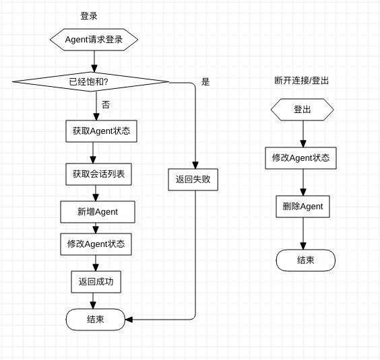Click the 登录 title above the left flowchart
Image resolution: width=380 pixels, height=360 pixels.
click(89, 16)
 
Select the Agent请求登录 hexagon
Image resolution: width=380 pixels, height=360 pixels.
click(94, 40)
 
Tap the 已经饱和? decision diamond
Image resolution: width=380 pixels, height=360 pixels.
click(91, 82)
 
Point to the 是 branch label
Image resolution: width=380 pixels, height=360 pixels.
click(205, 82)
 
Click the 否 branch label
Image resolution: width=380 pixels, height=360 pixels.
click(106, 104)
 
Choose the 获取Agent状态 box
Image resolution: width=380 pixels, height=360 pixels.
click(101, 131)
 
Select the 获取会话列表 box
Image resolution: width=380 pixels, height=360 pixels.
click(98, 174)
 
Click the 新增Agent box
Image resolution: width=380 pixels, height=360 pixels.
click(98, 212)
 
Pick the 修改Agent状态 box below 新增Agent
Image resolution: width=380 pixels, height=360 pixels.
click(96, 244)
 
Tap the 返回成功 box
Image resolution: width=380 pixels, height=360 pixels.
click(96, 282)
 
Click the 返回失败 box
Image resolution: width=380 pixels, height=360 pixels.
click(193, 180)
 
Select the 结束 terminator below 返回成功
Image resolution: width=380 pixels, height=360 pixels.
click(96, 320)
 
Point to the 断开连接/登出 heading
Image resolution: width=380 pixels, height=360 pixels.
click(301, 80)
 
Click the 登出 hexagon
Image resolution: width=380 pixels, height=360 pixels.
click(303, 110)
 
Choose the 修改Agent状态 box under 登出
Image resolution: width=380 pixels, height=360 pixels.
click(300, 158)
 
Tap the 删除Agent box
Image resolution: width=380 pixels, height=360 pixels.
click(303, 207)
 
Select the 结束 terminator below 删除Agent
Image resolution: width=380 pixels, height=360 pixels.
click(306, 260)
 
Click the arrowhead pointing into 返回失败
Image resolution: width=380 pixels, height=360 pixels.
click(195, 166)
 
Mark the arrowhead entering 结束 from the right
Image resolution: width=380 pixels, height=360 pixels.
click(129, 320)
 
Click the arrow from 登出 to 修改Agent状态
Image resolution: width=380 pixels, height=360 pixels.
click(303, 134)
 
